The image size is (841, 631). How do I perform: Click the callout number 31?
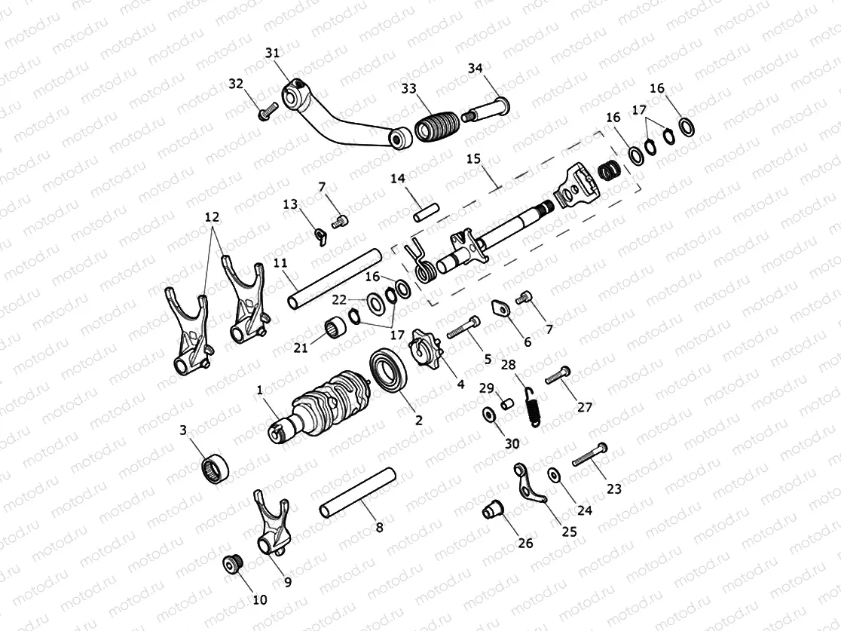click(272, 53)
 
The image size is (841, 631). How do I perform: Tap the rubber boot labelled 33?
click(436, 125)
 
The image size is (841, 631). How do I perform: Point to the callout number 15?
click(473, 159)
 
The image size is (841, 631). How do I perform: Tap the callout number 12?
click(212, 216)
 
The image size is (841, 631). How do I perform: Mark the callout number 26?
click(524, 542)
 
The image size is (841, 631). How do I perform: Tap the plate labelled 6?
click(500, 311)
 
